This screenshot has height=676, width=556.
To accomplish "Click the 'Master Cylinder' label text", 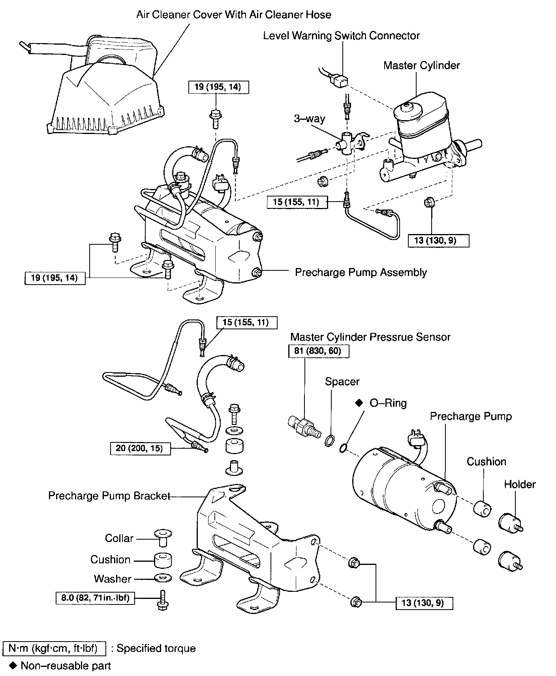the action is point(421,65).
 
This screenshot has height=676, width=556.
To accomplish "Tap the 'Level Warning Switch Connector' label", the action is point(341,36).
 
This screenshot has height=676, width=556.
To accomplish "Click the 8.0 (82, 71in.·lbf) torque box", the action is point(95,598).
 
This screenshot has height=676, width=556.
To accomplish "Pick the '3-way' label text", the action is point(309,119).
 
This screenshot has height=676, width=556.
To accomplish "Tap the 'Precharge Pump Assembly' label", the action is point(361,272).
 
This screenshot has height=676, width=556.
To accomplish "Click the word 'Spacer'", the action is point(342,381).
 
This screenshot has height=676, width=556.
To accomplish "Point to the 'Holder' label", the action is point(520,484).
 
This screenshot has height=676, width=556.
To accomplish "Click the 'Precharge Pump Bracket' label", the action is point(109,496).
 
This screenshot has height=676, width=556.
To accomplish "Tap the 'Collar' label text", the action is point(119,538).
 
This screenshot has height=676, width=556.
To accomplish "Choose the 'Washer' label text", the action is point(113,579).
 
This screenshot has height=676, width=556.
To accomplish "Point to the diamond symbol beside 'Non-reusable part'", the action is point(13,666).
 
